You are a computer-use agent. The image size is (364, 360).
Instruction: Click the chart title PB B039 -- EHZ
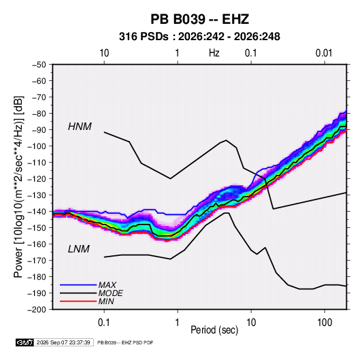point(199,19)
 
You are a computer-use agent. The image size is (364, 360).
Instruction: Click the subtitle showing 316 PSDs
point(199,37)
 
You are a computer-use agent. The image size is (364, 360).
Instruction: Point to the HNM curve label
point(80,127)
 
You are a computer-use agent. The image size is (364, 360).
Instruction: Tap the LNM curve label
point(79,249)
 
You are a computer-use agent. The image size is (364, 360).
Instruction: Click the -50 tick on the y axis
point(39,65)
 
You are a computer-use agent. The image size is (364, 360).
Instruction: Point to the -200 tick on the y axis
point(37,310)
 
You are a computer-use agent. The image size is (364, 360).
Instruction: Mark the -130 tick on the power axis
point(37,195)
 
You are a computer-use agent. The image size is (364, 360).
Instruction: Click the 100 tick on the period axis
point(325,323)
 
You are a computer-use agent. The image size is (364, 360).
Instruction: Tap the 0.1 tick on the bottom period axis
point(104,323)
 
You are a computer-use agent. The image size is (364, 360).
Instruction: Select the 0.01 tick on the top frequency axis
point(324,53)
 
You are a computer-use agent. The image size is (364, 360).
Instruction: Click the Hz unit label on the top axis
point(214,53)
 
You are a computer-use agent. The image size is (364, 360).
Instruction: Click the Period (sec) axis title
point(214,330)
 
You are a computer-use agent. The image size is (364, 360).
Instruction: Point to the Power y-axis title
point(18,186)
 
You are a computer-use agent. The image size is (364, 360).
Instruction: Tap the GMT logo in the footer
point(25,342)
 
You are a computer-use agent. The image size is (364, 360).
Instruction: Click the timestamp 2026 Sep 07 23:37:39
point(63,342)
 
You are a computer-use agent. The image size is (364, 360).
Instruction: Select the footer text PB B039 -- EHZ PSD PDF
point(125,342)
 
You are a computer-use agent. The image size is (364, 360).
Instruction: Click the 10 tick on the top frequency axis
point(104,53)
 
